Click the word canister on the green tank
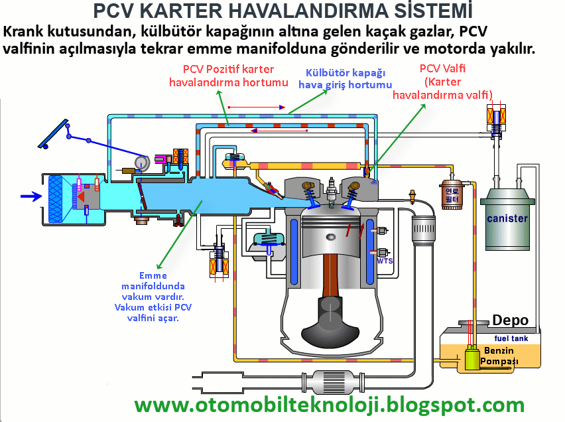point(507,218)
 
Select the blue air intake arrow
point(31,196)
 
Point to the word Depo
point(510,320)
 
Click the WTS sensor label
point(385,261)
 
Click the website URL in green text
point(329,404)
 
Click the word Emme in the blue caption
point(153,275)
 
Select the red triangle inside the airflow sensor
point(82,196)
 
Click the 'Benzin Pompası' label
point(500,356)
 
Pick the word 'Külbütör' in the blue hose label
point(326,73)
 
